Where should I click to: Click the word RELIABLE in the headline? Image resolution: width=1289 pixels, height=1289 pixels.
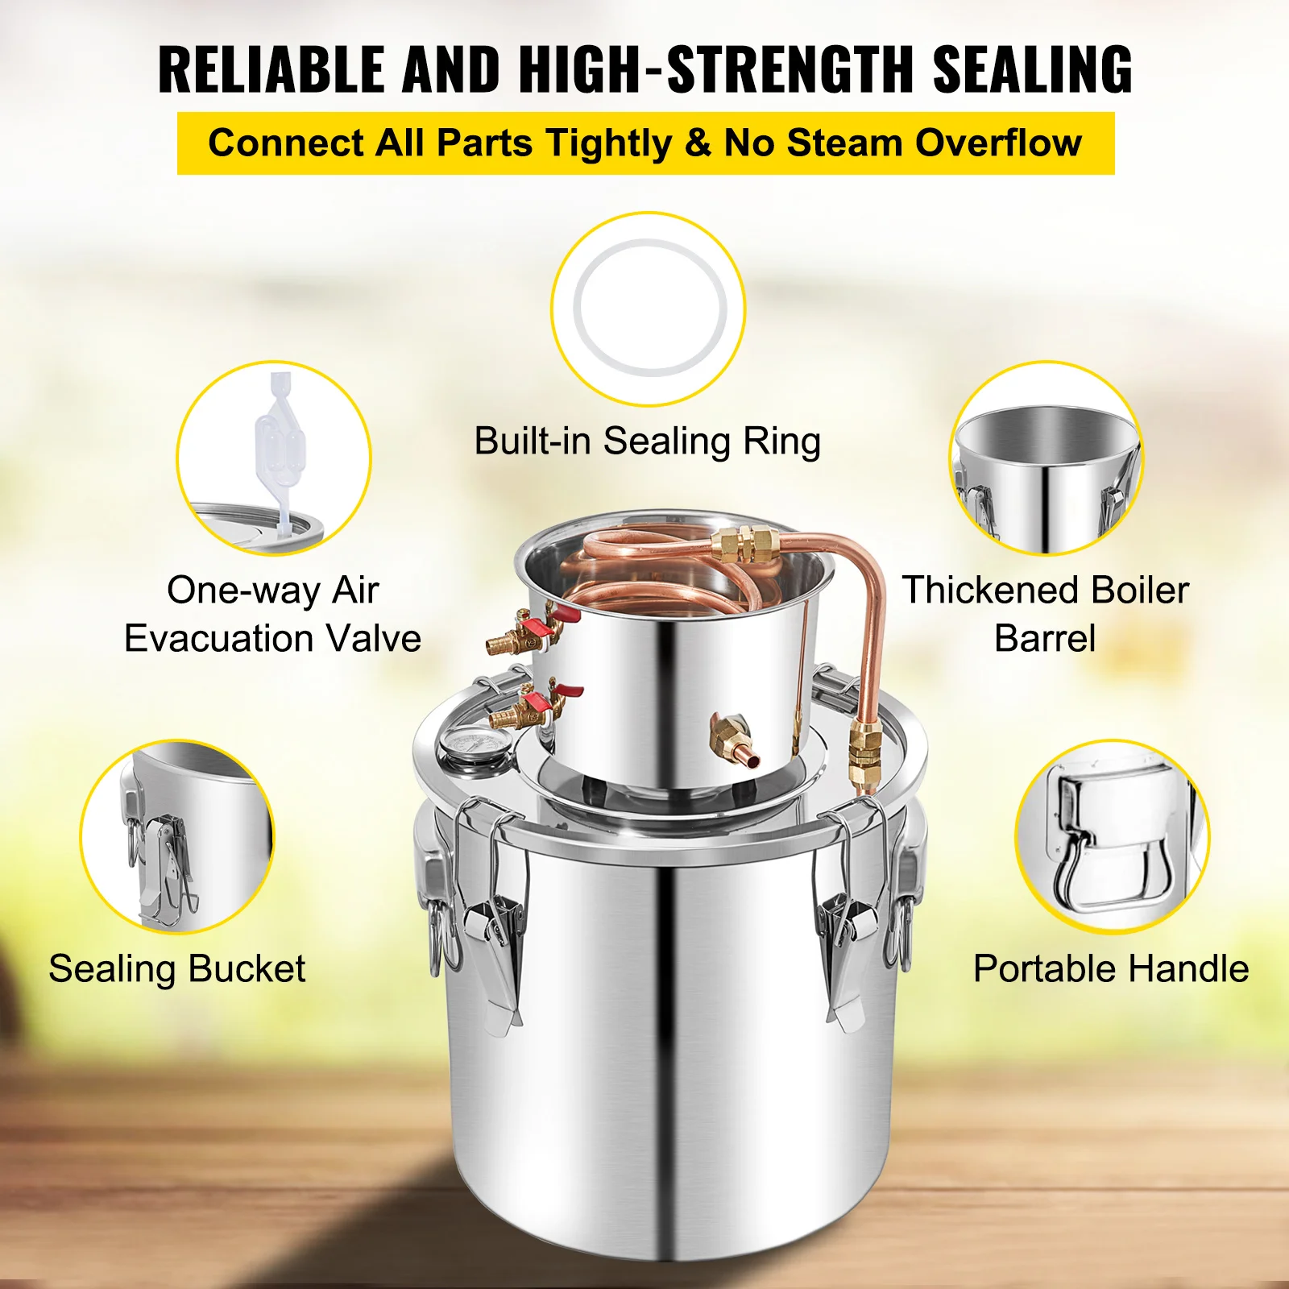click(x=271, y=70)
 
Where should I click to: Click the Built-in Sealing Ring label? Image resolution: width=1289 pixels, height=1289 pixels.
click(x=647, y=441)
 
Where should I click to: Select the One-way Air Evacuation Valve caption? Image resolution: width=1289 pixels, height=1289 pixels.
click(x=272, y=614)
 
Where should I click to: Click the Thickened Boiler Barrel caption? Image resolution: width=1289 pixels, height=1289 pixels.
click(x=1045, y=614)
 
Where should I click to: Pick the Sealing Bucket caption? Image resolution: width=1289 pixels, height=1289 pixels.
click(x=177, y=968)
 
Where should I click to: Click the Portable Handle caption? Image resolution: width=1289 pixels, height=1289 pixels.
click(x=1111, y=968)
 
